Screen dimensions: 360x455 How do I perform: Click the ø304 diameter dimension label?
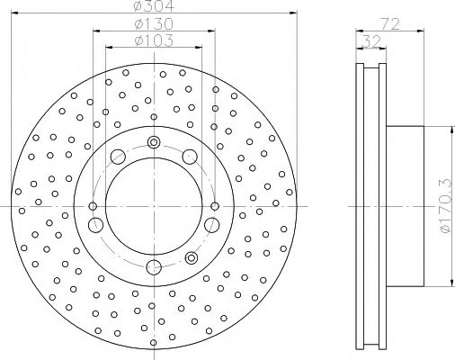point(152,8)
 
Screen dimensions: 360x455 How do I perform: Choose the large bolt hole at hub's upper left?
point(116,157)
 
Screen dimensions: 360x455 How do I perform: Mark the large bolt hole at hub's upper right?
point(190,157)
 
